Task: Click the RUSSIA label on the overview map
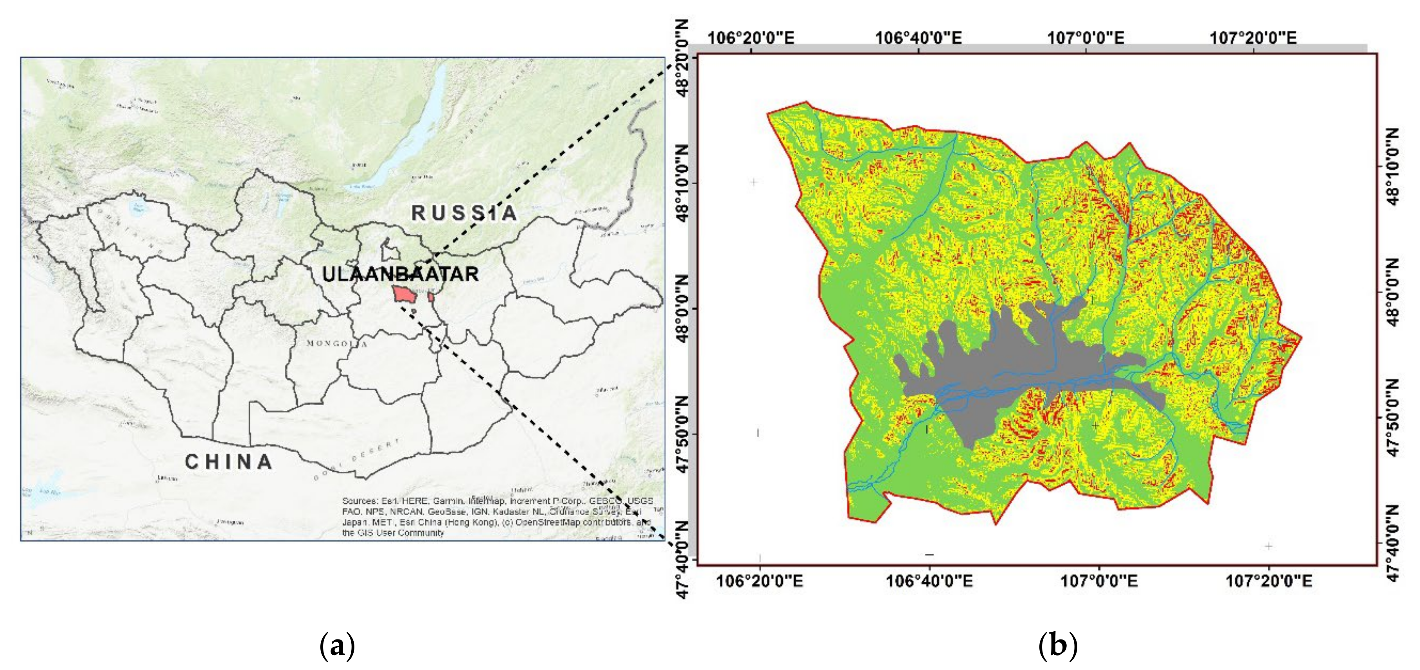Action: [464, 213]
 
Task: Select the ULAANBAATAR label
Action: [400, 274]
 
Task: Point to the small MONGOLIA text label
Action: [337, 344]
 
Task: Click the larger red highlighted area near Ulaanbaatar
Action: [404, 294]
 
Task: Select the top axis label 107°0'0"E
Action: [1086, 38]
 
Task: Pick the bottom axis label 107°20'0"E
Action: [1268, 581]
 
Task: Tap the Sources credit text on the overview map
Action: [496, 517]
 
